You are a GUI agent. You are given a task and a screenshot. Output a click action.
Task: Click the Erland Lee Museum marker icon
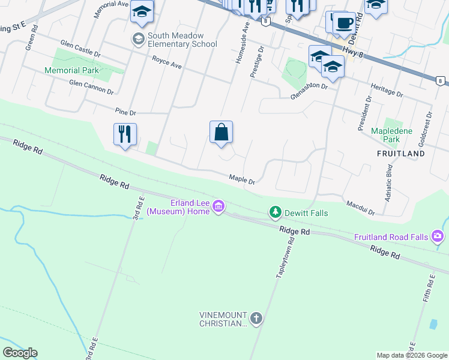(x=218, y=208)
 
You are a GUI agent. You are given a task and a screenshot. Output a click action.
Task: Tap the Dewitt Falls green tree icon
(x=275, y=212)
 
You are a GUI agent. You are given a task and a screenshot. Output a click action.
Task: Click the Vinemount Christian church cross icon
(x=256, y=319)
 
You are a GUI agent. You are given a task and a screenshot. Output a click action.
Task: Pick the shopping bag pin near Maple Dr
(x=221, y=133)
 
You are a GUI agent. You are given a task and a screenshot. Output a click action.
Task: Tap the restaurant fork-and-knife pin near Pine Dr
(x=125, y=134)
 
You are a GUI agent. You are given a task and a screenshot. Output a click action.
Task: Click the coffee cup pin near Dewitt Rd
(x=344, y=23)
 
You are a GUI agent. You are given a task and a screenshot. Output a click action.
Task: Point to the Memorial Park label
(x=71, y=70)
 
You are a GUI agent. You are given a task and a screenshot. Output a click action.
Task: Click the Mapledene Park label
(x=394, y=135)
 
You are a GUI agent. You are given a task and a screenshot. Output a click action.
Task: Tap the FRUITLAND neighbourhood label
(x=400, y=154)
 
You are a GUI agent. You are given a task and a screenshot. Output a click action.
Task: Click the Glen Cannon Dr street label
(x=91, y=87)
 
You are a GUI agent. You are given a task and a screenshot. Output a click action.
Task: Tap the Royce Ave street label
(x=167, y=61)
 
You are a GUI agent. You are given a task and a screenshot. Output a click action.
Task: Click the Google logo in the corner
(x=20, y=353)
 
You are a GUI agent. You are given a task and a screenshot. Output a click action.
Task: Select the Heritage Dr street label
(x=387, y=91)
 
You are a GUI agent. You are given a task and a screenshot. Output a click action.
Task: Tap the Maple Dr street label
(x=242, y=179)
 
